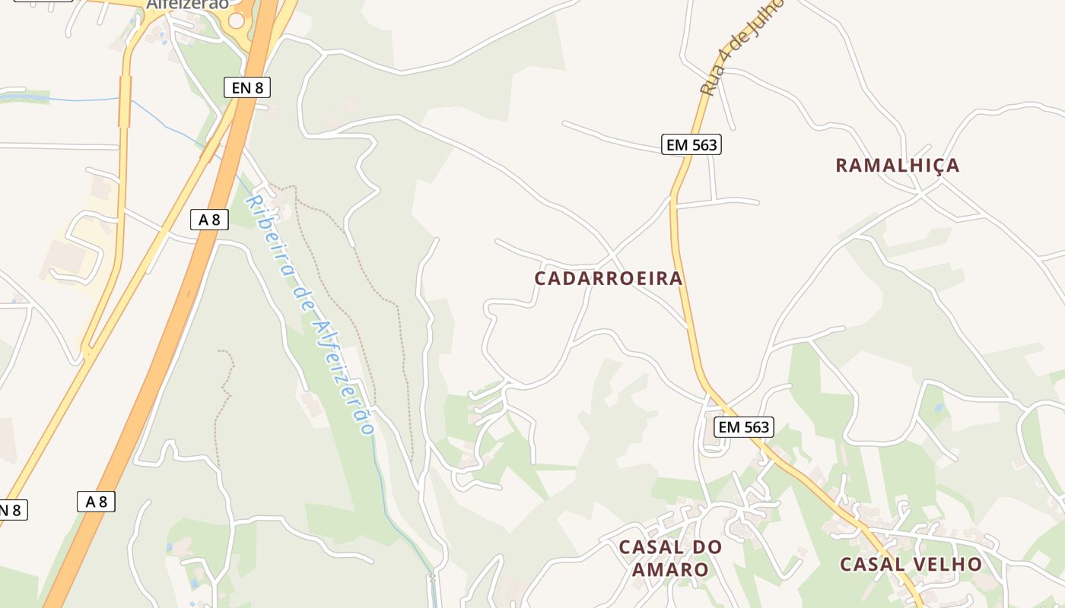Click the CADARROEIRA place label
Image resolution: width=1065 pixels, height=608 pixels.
point(608,278)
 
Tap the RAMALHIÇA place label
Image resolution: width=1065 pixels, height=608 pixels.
point(897,165)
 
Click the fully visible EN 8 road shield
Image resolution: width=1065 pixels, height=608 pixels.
point(247,87)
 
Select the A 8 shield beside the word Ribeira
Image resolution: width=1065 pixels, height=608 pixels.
point(209,220)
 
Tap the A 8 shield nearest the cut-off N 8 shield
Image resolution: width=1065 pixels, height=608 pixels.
point(96,502)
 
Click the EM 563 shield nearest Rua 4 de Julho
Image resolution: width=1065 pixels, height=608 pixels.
point(691,144)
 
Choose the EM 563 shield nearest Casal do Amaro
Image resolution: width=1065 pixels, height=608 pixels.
point(744,427)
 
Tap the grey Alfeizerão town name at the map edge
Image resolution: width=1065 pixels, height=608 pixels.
point(187,5)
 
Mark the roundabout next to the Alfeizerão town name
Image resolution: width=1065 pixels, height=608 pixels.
point(237,21)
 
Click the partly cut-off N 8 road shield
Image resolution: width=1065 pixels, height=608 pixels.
point(11,509)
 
